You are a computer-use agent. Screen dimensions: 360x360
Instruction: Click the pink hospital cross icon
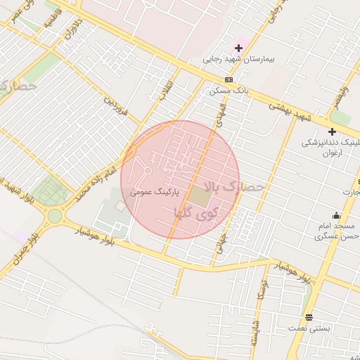[238, 48]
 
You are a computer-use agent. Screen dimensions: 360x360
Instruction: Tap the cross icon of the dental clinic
[332, 131]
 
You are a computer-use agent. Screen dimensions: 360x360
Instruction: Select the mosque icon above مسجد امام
[336, 215]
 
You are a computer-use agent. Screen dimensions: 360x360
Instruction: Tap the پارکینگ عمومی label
[155, 191]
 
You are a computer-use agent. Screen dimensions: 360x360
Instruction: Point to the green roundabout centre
[54, 216]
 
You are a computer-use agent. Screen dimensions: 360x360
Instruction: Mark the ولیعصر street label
[341, 96]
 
